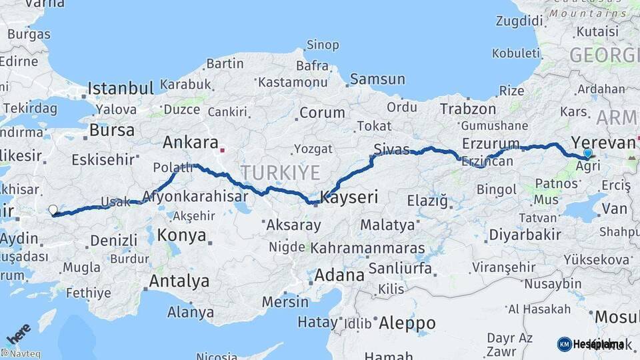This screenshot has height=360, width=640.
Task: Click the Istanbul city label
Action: (x=121, y=88)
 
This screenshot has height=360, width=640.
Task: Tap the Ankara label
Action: (x=191, y=143)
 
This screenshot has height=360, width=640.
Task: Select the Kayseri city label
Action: (x=349, y=197)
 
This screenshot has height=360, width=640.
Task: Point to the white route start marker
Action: (x=53, y=210)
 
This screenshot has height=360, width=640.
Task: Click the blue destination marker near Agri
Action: (x=587, y=153)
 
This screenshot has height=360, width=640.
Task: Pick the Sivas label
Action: (x=391, y=149)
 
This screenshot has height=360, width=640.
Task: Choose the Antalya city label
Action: (x=179, y=281)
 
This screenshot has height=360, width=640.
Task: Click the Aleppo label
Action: (x=407, y=323)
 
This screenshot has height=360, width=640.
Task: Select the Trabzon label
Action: (x=468, y=109)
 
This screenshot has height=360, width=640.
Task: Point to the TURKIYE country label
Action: (x=280, y=173)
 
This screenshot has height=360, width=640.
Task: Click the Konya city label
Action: (x=181, y=235)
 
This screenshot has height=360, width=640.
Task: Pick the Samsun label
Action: (x=377, y=79)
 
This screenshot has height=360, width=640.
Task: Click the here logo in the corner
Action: (x=18, y=332)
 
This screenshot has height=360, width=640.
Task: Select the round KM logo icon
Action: (x=564, y=344)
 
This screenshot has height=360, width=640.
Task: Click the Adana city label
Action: (x=339, y=275)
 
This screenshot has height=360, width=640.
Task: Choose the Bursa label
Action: (x=111, y=130)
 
